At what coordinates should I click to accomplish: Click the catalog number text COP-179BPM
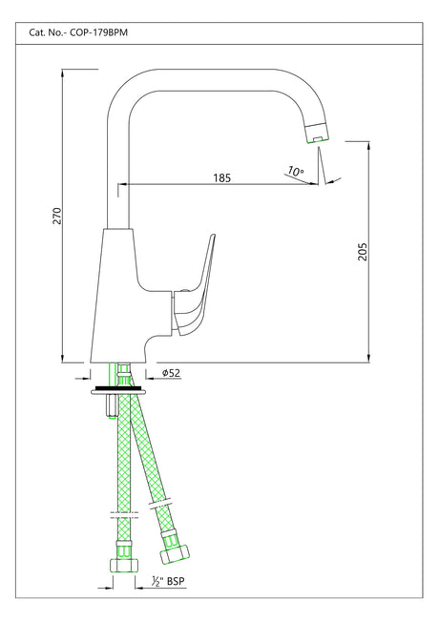tap(100, 31)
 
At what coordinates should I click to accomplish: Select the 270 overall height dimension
tap(56, 217)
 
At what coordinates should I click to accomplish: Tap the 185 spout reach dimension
tap(221, 177)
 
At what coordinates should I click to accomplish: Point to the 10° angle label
tap(295, 173)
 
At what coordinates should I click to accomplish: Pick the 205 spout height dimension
tap(362, 252)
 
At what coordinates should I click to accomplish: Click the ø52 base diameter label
tap(171, 373)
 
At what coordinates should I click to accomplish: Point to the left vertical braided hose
tap(121, 458)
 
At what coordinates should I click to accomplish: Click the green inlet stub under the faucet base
tap(120, 372)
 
